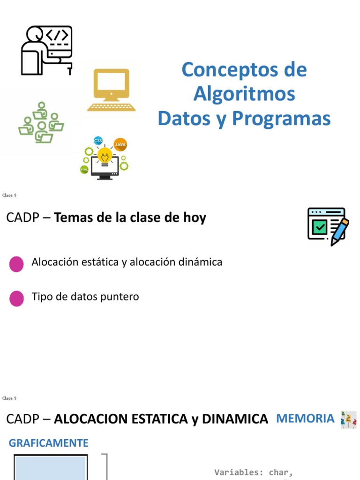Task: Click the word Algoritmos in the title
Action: click(x=244, y=94)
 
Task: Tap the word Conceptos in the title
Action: click(x=223, y=70)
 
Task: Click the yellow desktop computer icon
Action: click(x=111, y=90)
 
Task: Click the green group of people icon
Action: click(x=41, y=123)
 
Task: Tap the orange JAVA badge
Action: click(x=120, y=144)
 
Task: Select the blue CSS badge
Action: click(x=98, y=141)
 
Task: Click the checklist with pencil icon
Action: click(x=328, y=226)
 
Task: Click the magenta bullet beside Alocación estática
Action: click(x=16, y=264)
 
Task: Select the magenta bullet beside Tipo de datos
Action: click(x=16, y=298)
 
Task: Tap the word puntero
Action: click(x=122, y=297)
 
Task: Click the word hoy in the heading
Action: click(x=196, y=218)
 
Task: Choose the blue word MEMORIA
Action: click(x=305, y=418)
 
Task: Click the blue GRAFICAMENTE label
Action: click(x=49, y=443)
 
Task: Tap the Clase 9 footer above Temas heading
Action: click(x=9, y=195)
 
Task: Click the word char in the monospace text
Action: click(x=280, y=472)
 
